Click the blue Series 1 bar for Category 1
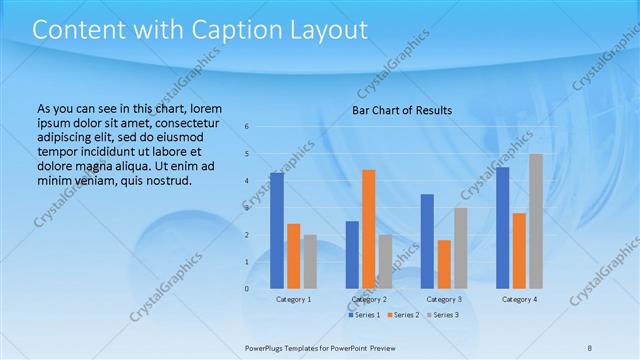coord(276,230)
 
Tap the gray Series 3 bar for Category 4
coord(536,220)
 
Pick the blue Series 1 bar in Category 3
coord(427,241)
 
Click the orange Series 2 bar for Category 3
coord(444,264)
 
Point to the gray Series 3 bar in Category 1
coord(310,261)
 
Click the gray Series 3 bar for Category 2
coord(385,261)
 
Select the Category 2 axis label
coord(370,299)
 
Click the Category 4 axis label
coord(519,299)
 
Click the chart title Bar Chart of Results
coord(402,110)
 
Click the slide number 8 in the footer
coord(590,347)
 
